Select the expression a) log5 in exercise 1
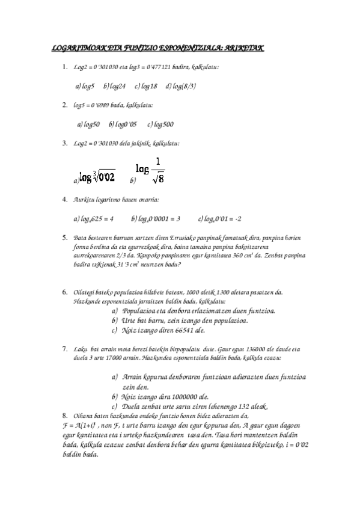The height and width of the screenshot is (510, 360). point(85,86)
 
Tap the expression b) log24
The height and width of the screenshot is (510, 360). point(114,86)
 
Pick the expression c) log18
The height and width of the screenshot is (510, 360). point(146,86)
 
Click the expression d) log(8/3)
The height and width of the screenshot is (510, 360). point(181,86)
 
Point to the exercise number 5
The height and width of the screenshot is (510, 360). point(64,238)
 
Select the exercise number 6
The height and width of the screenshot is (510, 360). point(64,292)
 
